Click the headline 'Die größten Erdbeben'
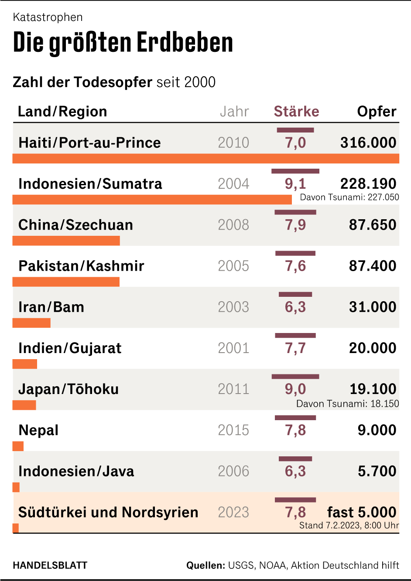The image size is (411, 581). click(123, 43)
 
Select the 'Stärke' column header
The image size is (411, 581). click(296, 112)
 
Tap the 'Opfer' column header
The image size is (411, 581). click(377, 112)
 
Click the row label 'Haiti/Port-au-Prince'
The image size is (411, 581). click(89, 143)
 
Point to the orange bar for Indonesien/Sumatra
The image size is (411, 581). click(152, 200)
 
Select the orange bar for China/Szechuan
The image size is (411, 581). click(66, 241)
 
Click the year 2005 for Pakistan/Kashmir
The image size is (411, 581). click(233, 266)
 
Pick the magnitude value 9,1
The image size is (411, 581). click(295, 184)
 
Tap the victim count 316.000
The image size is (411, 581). click(368, 143)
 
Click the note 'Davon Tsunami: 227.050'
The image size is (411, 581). click(349, 197)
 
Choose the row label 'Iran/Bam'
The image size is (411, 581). click(51, 307)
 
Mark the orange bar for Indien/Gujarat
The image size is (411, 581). click(25, 364)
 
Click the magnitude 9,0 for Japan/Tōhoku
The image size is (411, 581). click(295, 389)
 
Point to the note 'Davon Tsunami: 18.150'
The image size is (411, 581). click(348, 404)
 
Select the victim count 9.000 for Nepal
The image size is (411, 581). click(377, 430)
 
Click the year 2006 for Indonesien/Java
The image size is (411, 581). click(233, 471)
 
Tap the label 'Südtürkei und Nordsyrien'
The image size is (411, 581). click(108, 512)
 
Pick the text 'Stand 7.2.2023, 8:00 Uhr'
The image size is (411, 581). click(349, 525)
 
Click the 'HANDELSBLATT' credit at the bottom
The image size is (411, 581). click(50, 565)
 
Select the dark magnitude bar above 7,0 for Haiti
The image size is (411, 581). click(295, 130)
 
